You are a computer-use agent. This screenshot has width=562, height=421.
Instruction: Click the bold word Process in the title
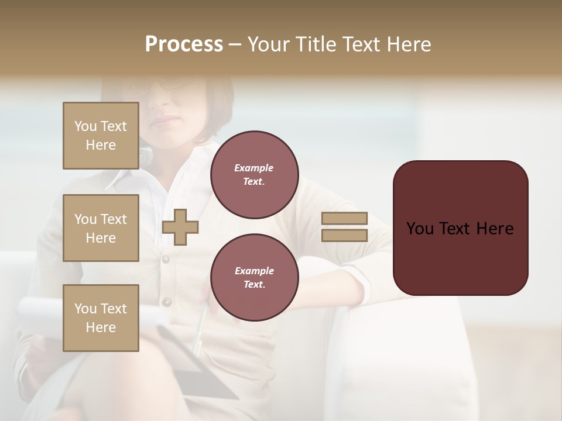(184, 44)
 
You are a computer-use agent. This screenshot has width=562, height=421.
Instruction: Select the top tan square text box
(101, 136)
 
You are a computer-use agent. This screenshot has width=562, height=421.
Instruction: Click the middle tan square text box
(101, 228)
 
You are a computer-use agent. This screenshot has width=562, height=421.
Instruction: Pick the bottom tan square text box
(101, 318)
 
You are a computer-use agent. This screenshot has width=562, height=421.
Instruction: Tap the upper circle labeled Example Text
(254, 175)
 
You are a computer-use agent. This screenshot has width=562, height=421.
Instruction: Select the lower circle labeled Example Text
(254, 278)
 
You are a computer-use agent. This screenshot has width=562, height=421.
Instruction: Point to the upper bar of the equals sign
(344, 219)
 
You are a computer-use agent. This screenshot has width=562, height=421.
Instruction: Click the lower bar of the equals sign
(344, 236)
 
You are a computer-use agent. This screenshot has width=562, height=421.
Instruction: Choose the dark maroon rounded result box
(460, 228)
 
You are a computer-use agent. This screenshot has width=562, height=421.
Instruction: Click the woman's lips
(167, 121)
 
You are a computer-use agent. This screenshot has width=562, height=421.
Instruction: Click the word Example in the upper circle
(254, 168)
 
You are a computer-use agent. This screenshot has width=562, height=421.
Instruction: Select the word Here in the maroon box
(495, 229)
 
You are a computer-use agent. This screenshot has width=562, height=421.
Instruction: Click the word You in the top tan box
(85, 126)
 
